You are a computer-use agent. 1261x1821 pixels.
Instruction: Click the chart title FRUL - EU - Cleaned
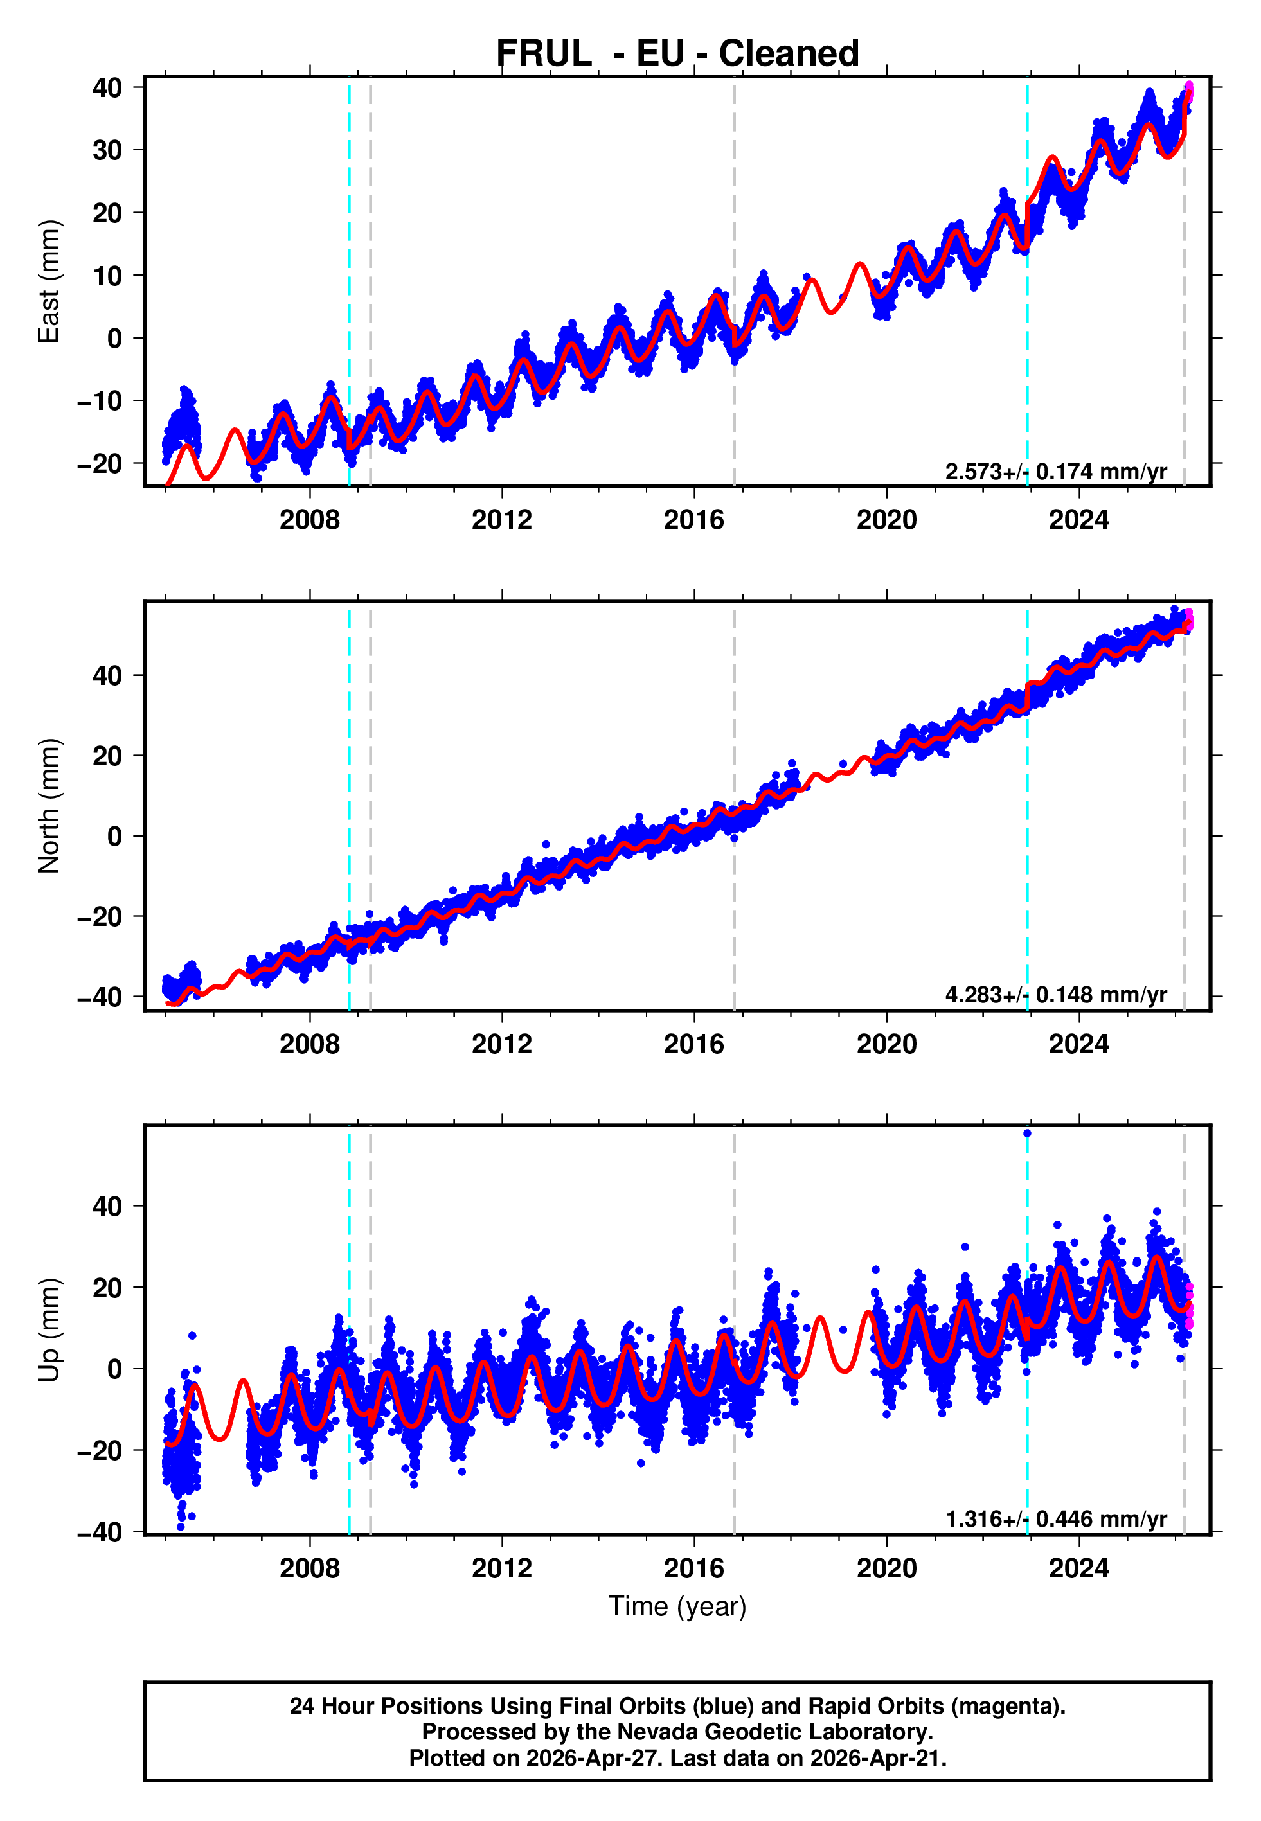click(x=677, y=54)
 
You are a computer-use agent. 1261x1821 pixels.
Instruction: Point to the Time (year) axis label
click(x=677, y=1606)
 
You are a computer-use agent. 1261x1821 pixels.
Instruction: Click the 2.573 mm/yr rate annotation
click(x=1055, y=472)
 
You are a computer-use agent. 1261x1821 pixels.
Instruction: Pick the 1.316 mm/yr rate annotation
click(x=1055, y=1520)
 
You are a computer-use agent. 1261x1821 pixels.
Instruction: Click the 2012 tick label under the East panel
click(x=502, y=520)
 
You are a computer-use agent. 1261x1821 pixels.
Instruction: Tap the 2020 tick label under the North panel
click(x=886, y=1044)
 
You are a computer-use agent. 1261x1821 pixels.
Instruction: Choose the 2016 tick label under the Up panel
click(x=693, y=1568)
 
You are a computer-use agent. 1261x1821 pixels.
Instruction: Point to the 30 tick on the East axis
click(x=107, y=150)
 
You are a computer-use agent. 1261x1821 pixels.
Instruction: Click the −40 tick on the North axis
click(x=100, y=997)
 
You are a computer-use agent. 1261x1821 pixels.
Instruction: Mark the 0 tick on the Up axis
click(x=114, y=1369)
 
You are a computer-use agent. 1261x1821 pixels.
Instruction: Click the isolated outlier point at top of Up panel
click(x=1027, y=1133)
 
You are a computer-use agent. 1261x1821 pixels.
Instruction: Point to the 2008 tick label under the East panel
click(x=310, y=520)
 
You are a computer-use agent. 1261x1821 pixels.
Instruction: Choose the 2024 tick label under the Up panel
click(x=1078, y=1568)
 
